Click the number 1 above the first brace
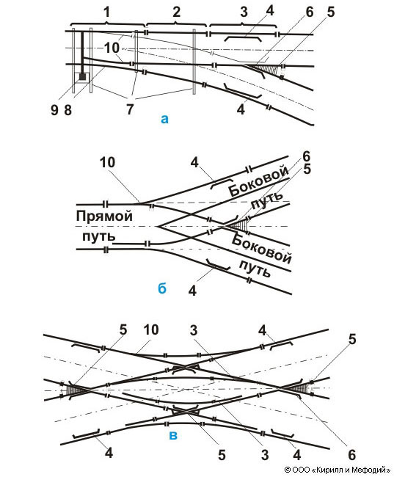(106, 12)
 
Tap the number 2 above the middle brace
(177, 12)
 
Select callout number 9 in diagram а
(54, 110)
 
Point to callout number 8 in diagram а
(68, 110)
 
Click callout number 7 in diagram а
(130, 109)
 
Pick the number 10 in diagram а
(112, 48)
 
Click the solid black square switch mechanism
(82, 76)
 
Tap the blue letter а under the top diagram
(164, 119)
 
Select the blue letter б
(162, 287)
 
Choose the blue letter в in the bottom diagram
(173, 435)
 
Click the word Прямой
(104, 216)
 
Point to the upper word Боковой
(259, 181)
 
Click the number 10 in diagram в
(151, 329)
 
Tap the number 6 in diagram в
(351, 455)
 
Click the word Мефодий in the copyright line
(375, 470)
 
